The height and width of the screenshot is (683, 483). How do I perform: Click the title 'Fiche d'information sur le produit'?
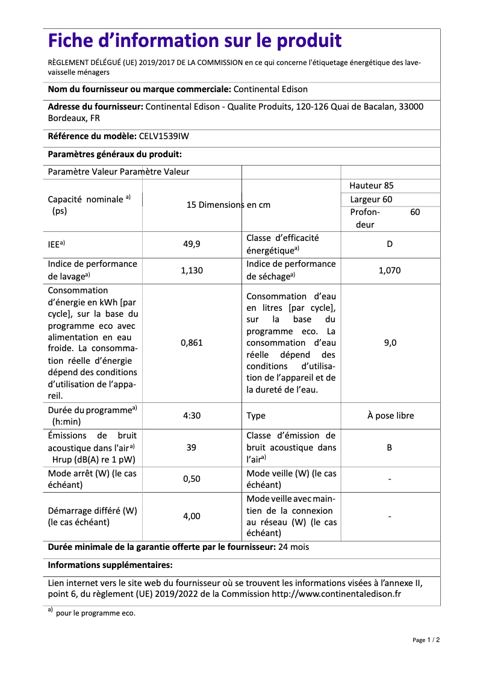[x=195, y=41]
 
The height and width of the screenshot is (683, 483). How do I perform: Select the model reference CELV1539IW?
[x=164, y=136]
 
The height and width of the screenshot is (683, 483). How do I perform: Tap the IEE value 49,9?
[x=192, y=244]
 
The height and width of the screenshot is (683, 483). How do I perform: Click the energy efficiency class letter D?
[x=390, y=244]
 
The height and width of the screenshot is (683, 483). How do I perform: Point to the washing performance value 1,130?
[x=192, y=270]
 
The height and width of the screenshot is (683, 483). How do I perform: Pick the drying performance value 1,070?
[x=390, y=270]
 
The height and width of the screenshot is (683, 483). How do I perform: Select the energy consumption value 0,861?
[x=192, y=343]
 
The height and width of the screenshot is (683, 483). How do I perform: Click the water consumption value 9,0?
[x=390, y=343]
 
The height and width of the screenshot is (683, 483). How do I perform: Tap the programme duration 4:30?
[x=192, y=416]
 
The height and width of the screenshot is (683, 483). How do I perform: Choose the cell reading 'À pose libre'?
[x=390, y=416]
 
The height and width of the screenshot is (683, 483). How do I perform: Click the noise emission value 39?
[x=192, y=448]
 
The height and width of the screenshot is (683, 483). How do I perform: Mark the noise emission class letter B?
[x=390, y=448]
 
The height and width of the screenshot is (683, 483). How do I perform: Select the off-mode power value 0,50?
[x=192, y=479]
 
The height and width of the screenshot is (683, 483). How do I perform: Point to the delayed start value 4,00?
[x=192, y=516]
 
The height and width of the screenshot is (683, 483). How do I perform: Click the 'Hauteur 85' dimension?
[x=372, y=186]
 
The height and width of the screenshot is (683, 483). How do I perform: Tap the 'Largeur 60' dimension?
[x=371, y=199]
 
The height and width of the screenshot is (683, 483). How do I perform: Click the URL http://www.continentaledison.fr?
[x=337, y=594]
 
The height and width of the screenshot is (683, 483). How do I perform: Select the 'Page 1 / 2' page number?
[x=426, y=640]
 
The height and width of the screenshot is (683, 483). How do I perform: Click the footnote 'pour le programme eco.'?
[x=96, y=613]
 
